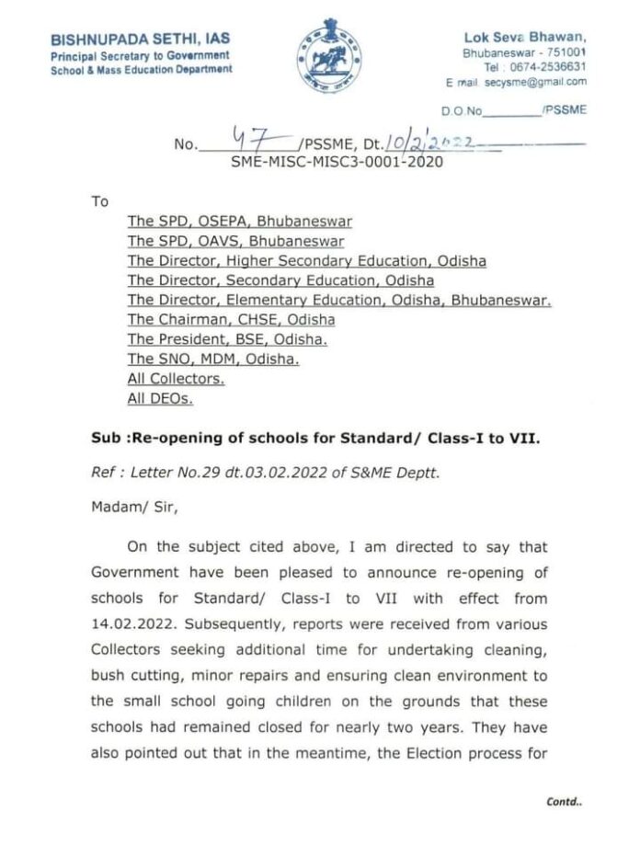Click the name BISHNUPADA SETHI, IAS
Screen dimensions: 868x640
click(x=141, y=39)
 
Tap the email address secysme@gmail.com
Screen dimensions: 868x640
click(x=536, y=82)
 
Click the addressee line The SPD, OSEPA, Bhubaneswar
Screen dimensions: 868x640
click(x=239, y=222)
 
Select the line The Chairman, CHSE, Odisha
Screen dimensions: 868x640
click(x=231, y=320)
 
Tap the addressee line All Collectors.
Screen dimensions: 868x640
click(x=176, y=379)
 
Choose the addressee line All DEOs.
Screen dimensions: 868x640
click(x=160, y=399)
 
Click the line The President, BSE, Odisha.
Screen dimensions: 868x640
click(x=227, y=339)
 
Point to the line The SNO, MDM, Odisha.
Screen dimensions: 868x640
click(x=212, y=360)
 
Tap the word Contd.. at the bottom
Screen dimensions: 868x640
click(x=564, y=801)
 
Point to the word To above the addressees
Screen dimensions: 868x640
click(x=99, y=201)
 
